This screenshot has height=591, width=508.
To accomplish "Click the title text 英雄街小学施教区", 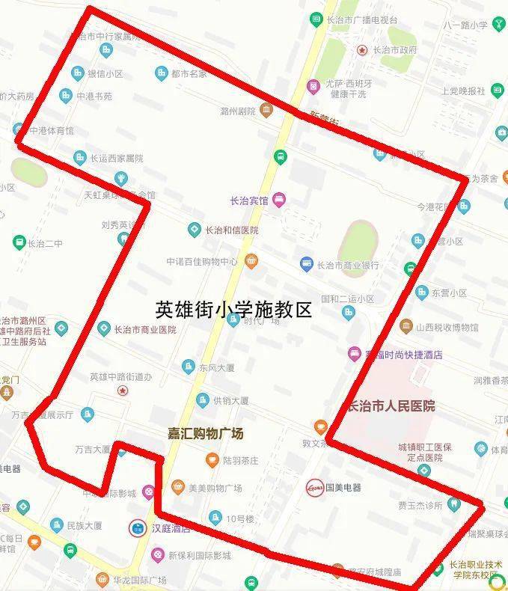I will click(x=233, y=309).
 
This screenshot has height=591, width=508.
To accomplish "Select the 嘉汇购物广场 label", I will click(x=205, y=433).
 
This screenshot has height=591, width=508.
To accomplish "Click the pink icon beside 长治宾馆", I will click(x=279, y=199).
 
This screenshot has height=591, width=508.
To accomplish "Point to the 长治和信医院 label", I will click(x=232, y=230).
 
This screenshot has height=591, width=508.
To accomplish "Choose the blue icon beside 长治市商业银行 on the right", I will click(x=306, y=264).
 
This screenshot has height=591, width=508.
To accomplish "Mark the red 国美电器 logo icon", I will click(x=314, y=487).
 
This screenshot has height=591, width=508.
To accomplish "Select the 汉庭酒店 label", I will click(x=171, y=528).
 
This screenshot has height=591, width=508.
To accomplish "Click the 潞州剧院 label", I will click(x=238, y=111).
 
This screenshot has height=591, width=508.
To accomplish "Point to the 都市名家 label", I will click(x=189, y=73).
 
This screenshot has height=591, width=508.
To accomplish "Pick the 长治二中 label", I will click(x=45, y=243).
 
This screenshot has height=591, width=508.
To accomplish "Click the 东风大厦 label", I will click(x=217, y=367).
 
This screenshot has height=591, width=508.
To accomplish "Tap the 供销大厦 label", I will click(x=230, y=400).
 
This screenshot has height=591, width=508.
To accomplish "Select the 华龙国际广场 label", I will click(x=140, y=580).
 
